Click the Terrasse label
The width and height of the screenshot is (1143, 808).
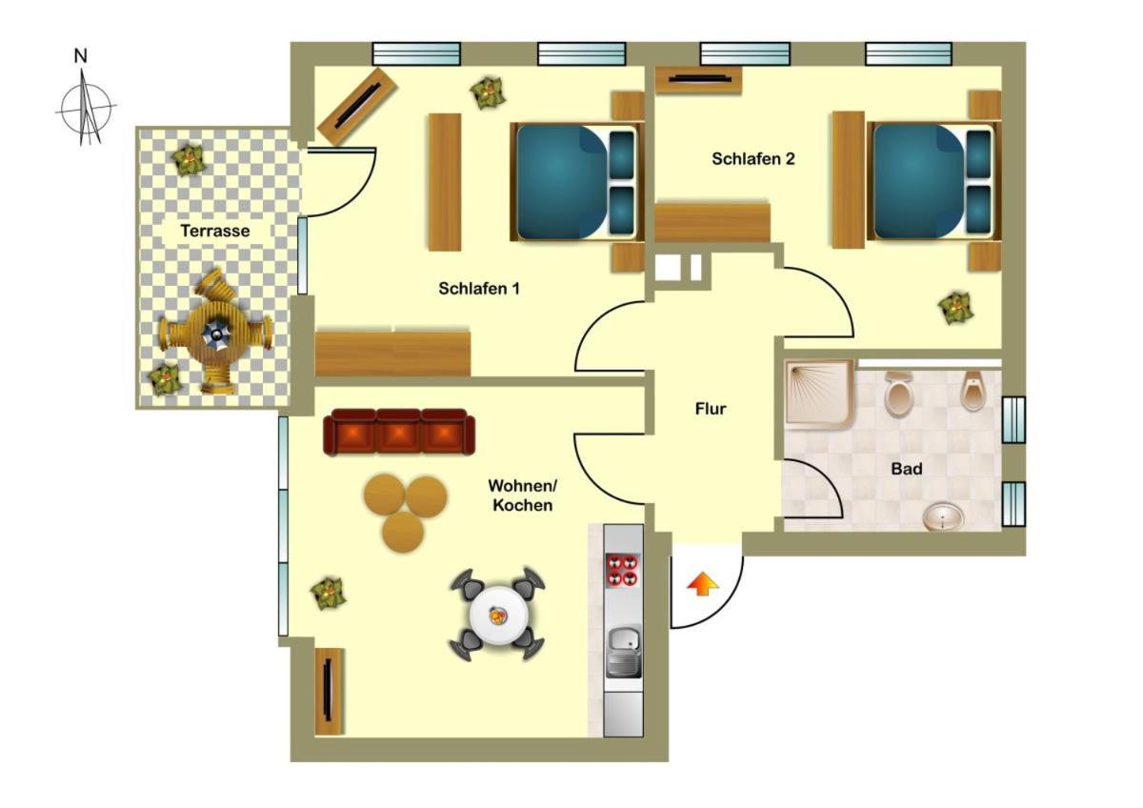point(215,231)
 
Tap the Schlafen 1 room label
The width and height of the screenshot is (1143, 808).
point(479,289)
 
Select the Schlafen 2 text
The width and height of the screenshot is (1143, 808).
point(753,159)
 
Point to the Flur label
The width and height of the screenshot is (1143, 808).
point(711,409)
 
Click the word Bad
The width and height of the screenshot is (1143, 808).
point(906,469)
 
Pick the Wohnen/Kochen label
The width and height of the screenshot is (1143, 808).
point(523,495)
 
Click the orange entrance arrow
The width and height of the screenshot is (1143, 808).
point(703,584)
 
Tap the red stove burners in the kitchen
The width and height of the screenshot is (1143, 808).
point(623,570)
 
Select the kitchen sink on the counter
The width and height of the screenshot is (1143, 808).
point(624,653)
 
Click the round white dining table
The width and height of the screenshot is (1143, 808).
point(498,616)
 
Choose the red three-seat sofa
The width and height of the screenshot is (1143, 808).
point(399,432)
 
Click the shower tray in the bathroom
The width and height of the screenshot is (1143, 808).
point(819,393)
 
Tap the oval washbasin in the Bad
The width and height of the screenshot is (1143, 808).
point(944,516)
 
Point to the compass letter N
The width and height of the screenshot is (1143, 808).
point(81,55)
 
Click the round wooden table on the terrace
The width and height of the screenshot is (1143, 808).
point(215,333)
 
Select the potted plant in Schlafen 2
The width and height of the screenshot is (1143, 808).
point(955,307)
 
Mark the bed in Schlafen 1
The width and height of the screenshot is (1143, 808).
point(577,181)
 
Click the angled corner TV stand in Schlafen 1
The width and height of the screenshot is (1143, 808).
point(357,106)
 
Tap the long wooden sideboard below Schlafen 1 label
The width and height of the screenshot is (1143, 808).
point(392,353)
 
